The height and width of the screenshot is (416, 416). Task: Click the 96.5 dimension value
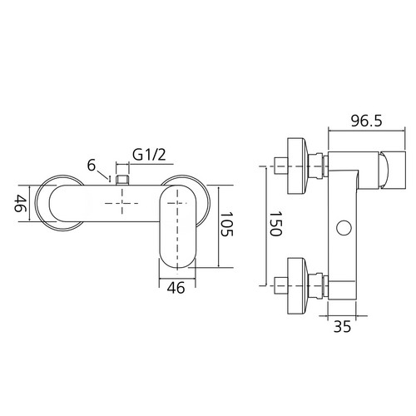click(x=366, y=121)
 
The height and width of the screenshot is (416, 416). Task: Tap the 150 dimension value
click(x=276, y=224)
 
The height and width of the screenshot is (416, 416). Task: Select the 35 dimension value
click(x=342, y=326)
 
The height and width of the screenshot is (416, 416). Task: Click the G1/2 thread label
click(x=149, y=155)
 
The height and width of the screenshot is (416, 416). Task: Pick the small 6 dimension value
click(x=92, y=166)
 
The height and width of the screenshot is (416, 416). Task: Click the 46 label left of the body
click(x=20, y=203)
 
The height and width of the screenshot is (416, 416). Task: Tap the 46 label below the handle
click(x=176, y=288)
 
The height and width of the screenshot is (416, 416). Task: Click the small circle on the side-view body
click(x=344, y=228)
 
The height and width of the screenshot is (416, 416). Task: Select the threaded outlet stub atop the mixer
click(x=122, y=180)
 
